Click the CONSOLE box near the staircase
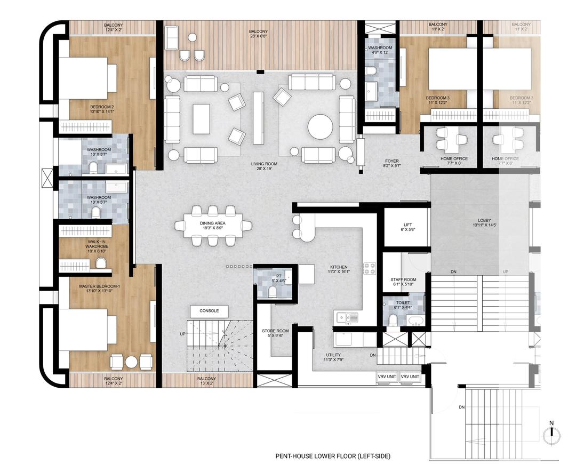pos(209,311)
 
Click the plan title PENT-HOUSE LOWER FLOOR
pos(333,456)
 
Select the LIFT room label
pos(406,226)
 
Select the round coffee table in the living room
pos(320,127)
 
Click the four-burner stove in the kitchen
pos(369,268)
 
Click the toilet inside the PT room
pos(272,291)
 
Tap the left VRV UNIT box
pos(387,377)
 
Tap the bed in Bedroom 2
pos(86,78)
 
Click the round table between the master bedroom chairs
pos(131,362)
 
